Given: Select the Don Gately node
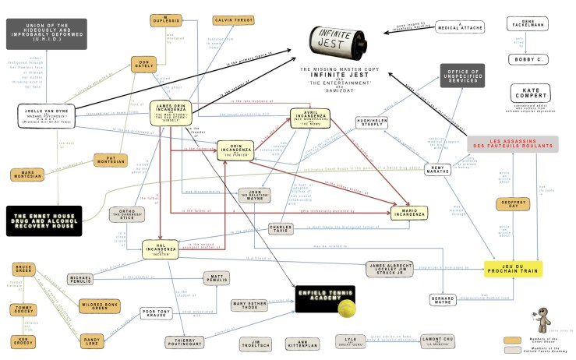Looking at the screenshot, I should point(144,67).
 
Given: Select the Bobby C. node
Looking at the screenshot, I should point(529,59).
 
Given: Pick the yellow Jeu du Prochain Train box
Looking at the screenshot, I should point(512,270).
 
